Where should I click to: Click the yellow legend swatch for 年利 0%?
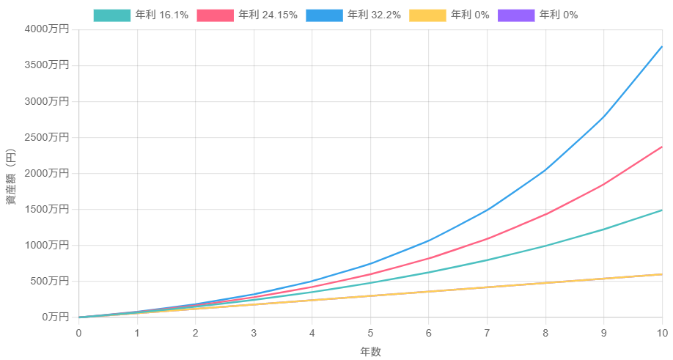coord(427,15)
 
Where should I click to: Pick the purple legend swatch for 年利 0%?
coord(516,15)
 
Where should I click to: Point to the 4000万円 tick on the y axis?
coord(47,29)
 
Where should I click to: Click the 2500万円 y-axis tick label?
coord(47,137)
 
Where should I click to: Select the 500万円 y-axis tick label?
coord(50,281)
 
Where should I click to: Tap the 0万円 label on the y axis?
coord(56,317)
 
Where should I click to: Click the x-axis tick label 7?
coord(487,333)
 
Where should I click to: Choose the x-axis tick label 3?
coord(254,333)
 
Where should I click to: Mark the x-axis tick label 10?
coord(662,333)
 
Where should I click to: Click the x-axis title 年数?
coord(370,352)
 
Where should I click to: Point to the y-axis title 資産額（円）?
coord(11,177)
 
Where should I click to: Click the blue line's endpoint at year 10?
coord(662,46)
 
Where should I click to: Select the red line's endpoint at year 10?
coord(662,147)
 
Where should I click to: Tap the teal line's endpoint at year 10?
coord(662,210)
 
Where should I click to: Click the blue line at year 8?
coord(545,170)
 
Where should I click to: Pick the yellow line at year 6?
coord(428,291)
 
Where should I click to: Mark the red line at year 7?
coord(487,238)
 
